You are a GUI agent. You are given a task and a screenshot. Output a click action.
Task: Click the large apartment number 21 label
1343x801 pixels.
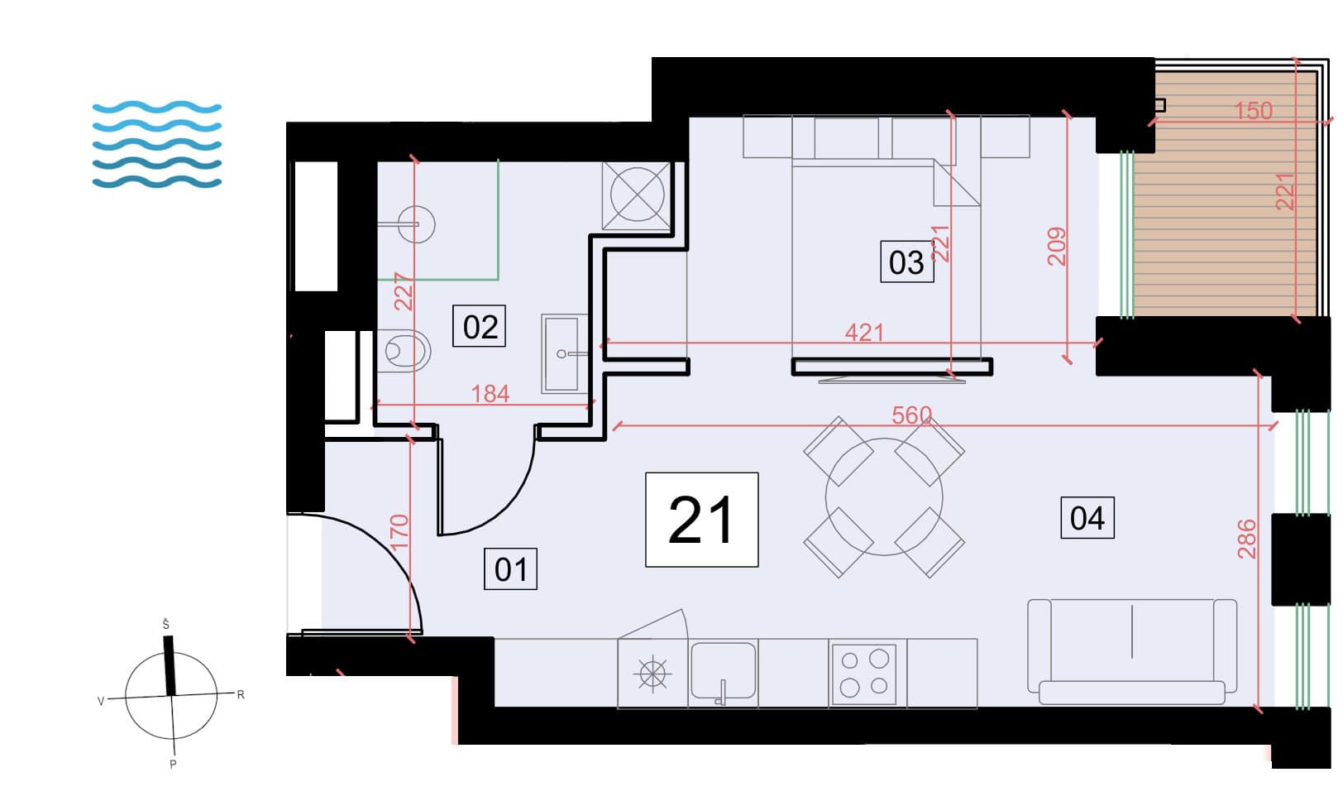[701, 520]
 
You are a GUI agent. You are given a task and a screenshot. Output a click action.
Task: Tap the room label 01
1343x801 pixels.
[511, 568]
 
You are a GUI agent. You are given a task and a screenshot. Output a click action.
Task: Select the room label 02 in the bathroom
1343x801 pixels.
[480, 326]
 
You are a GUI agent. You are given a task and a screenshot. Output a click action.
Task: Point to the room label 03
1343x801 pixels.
[906, 261]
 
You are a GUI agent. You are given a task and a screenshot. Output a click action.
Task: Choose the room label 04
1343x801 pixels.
[1087, 518]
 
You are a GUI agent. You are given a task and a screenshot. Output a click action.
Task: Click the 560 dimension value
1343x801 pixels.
[912, 415]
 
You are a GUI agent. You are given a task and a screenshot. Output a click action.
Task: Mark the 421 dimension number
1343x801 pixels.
[864, 333]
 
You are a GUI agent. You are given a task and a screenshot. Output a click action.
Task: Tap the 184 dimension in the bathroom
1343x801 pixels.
[490, 394]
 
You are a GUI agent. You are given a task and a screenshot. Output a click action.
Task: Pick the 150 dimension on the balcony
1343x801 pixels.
[1253, 110]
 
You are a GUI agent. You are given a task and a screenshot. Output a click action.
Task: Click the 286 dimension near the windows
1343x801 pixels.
[1247, 539]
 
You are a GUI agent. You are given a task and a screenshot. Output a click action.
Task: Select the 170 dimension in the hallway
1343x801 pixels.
[399, 531]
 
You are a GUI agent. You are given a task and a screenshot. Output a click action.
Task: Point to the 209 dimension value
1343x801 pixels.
[1057, 246]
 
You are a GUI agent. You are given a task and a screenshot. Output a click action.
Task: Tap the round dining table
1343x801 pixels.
[884, 496]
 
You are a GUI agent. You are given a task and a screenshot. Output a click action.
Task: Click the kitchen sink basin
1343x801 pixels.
[723, 671]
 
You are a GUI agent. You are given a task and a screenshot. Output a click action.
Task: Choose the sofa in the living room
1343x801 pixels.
[1132, 651]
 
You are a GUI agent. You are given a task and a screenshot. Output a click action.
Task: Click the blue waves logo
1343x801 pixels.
[157, 144]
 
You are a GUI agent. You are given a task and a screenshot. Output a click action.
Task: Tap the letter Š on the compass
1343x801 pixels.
[166, 625]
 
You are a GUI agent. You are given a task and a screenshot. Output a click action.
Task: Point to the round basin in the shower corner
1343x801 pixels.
[416, 224]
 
